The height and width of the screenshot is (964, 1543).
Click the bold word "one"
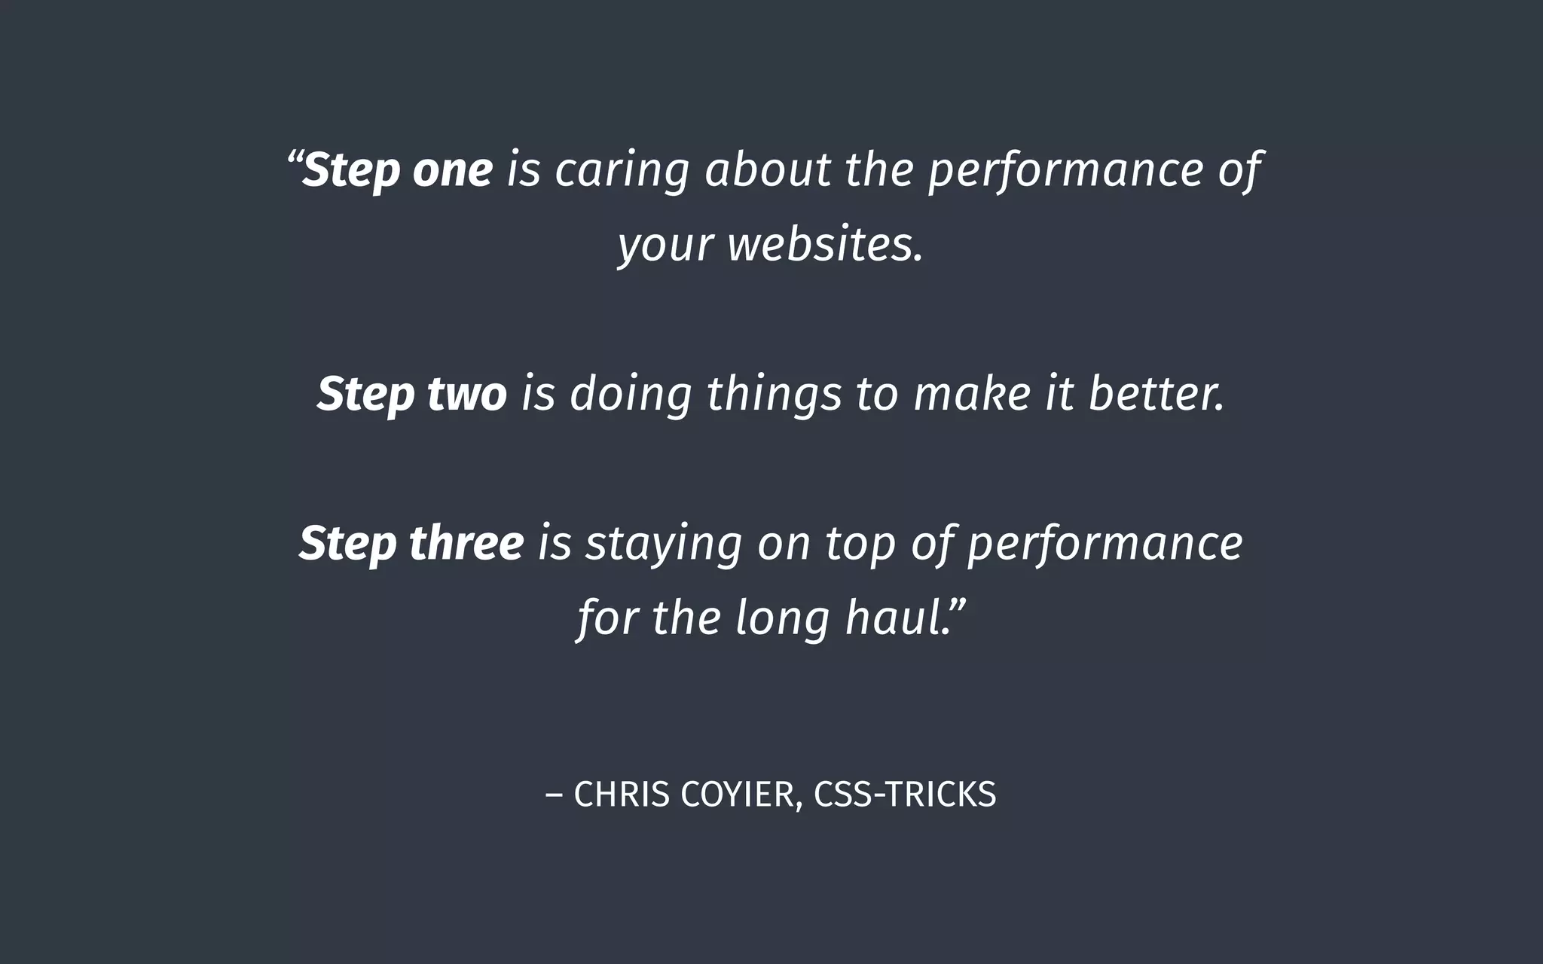pyautogui.click(x=453, y=170)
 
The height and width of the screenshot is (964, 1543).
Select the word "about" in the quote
pyautogui.click(x=767, y=170)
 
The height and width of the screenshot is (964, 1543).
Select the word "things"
pyautogui.click(x=774, y=395)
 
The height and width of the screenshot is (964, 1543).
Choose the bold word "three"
pyautogui.click(x=466, y=543)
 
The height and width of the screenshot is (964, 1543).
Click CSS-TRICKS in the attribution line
pyautogui.click(x=905, y=795)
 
